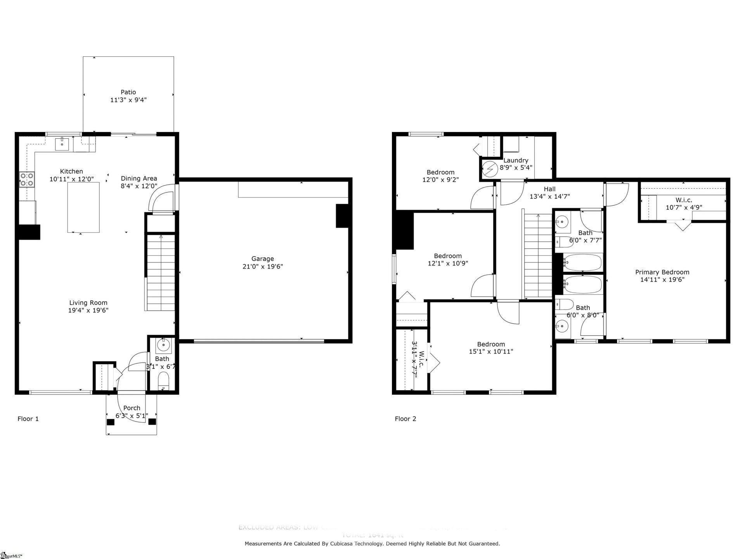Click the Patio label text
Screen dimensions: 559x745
tap(128, 92)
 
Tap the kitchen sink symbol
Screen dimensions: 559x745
tap(62, 144)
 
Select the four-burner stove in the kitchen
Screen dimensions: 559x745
tap(27, 180)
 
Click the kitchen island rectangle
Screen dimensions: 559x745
tap(83, 207)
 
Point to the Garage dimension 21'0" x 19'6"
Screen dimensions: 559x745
tap(263, 266)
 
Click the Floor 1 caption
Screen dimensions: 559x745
tap(28, 419)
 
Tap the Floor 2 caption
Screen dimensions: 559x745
tap(405, 419)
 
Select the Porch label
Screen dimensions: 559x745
tap(132, 408)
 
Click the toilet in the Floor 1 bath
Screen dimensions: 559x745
tap(164, 381)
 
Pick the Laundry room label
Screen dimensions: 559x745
tap(516, 160)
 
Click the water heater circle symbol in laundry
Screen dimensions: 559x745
tap(490, 169)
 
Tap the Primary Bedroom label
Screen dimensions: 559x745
tap(662, 272)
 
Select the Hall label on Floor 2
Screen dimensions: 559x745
tap(549, 189)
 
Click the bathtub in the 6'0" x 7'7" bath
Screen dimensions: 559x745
tap(582, 262)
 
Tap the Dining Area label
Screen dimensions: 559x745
tap(139, 179)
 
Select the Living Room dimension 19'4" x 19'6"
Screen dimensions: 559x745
tap(88, 310)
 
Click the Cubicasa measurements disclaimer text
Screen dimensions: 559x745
tap(372, 544)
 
